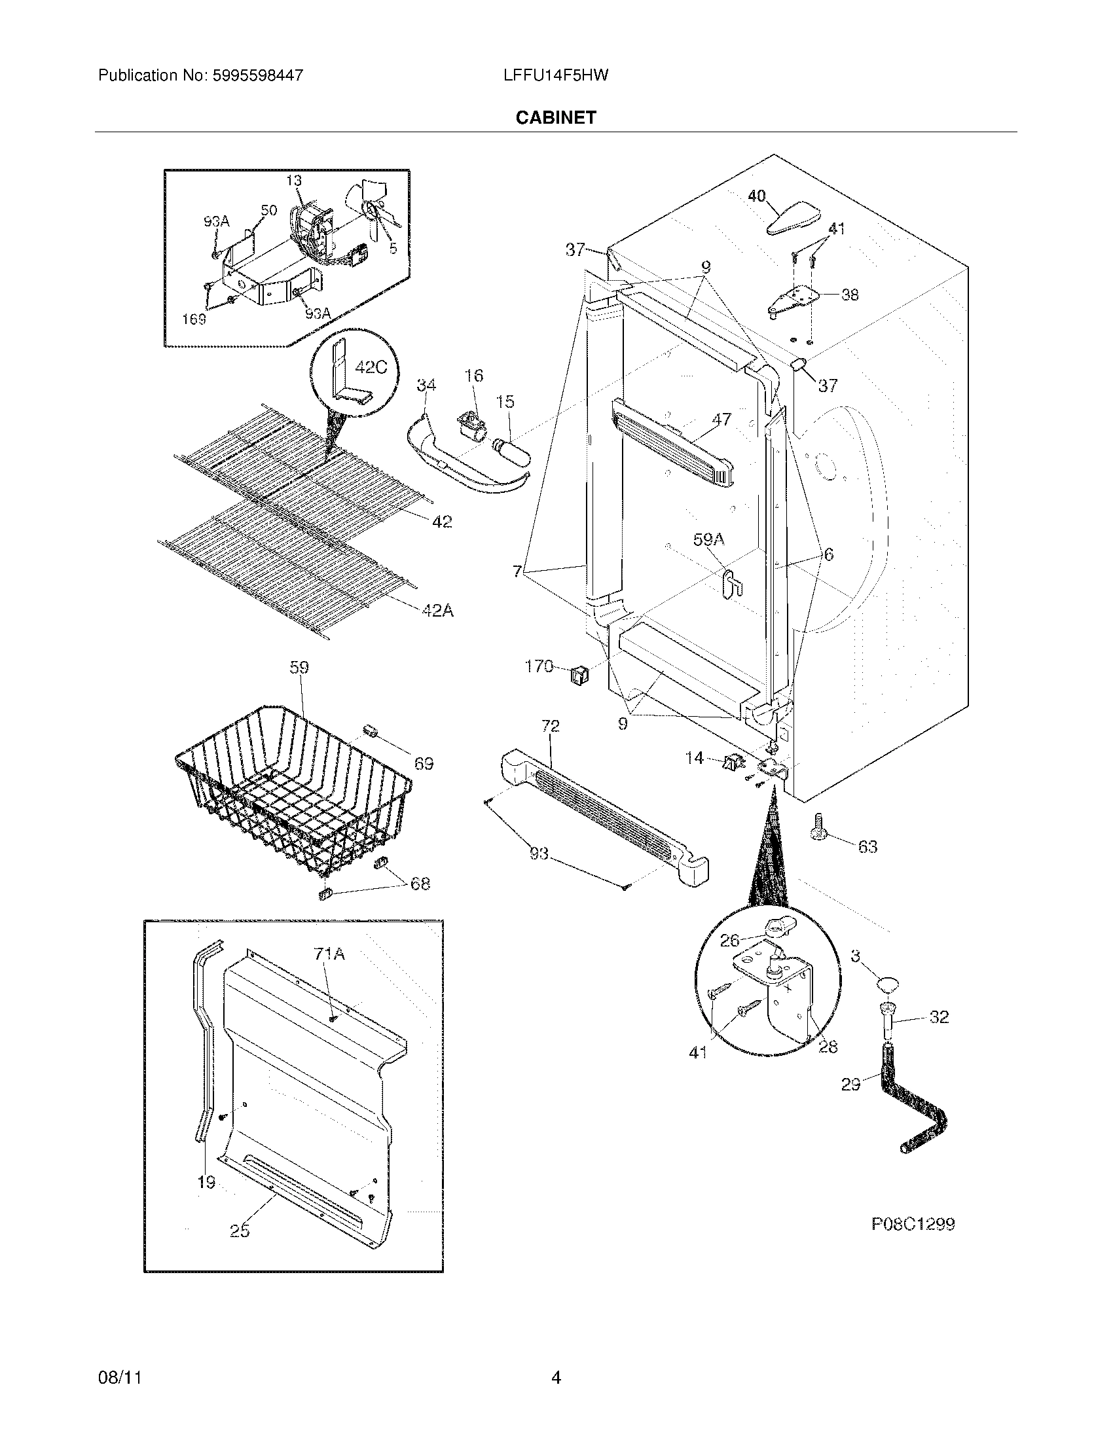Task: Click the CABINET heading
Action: coord(555,118)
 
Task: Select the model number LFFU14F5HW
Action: coord(555,75)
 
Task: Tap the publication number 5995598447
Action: coord(257,75)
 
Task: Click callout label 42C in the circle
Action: coord(371,367)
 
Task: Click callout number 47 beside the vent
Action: coord(721,419)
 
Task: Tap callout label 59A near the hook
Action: coord(708,540)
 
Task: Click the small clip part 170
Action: coord(578,674)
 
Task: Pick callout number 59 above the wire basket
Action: coord(299,668)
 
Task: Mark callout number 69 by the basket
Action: coord(424,763)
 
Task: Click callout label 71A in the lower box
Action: coord(330,954)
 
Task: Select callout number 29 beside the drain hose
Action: coord(850,1084)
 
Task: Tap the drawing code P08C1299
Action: coord(913,1225)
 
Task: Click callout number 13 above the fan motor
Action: coord(293,181)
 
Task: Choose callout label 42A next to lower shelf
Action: coord(438,611)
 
